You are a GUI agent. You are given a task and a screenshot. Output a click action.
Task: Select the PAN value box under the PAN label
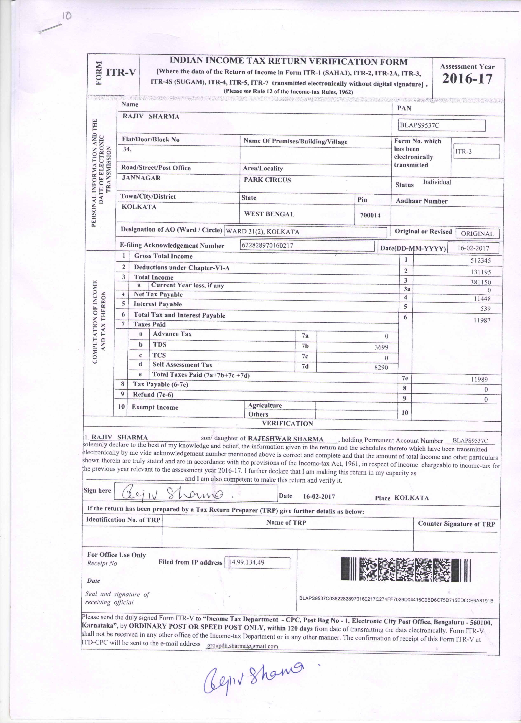pos(442,125)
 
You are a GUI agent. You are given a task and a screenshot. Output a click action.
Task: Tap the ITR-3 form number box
pos(475,151)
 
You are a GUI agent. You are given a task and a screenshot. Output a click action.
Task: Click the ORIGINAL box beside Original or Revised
pos(477,233)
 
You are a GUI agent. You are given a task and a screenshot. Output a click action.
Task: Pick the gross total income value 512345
pos(481,260)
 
